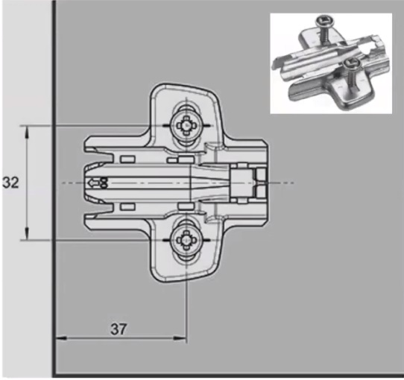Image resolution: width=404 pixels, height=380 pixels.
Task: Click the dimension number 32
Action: click(10, 183)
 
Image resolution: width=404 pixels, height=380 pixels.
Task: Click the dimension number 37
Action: click(119, 329)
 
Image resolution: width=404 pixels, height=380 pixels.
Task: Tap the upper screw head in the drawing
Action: click(186, 125)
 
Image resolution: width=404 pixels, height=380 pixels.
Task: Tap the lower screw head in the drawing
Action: click(186, 240)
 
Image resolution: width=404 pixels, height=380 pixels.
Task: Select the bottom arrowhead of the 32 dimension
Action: click(28, 233)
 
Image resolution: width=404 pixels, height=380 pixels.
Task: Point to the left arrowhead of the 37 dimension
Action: click(62, 338)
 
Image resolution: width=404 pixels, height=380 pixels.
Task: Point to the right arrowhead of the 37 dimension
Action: click(180, 338)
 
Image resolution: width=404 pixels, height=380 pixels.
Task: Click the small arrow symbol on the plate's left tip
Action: click(92, 183)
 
